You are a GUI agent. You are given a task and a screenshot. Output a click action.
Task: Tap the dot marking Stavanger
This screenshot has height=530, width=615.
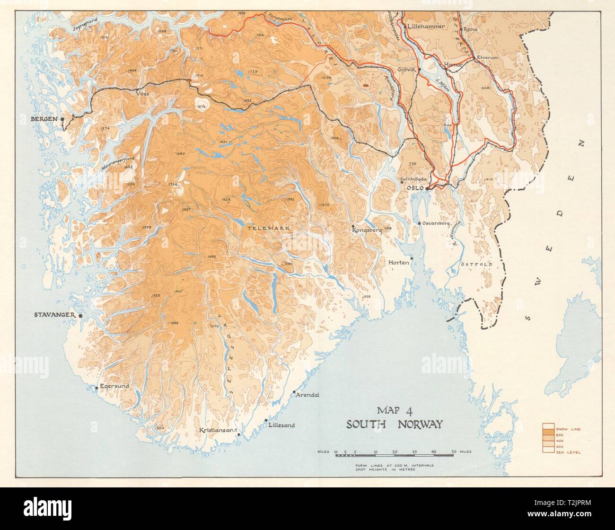(x=80, y=316)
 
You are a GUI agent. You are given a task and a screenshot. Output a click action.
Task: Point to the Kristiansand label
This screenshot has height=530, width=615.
(x=217, y=431)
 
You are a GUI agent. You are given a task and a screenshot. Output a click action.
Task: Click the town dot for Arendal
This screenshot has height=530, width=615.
(x=294, y=392)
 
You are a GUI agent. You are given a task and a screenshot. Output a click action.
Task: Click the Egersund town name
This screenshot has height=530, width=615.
(x=114, y=386)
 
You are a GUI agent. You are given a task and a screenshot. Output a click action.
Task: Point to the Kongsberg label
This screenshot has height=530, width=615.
(x=367, y=230)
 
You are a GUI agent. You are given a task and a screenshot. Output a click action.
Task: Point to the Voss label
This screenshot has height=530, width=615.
(x=143, y=94)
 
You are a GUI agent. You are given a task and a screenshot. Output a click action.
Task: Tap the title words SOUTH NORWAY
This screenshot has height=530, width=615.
(x=394, y=424)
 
